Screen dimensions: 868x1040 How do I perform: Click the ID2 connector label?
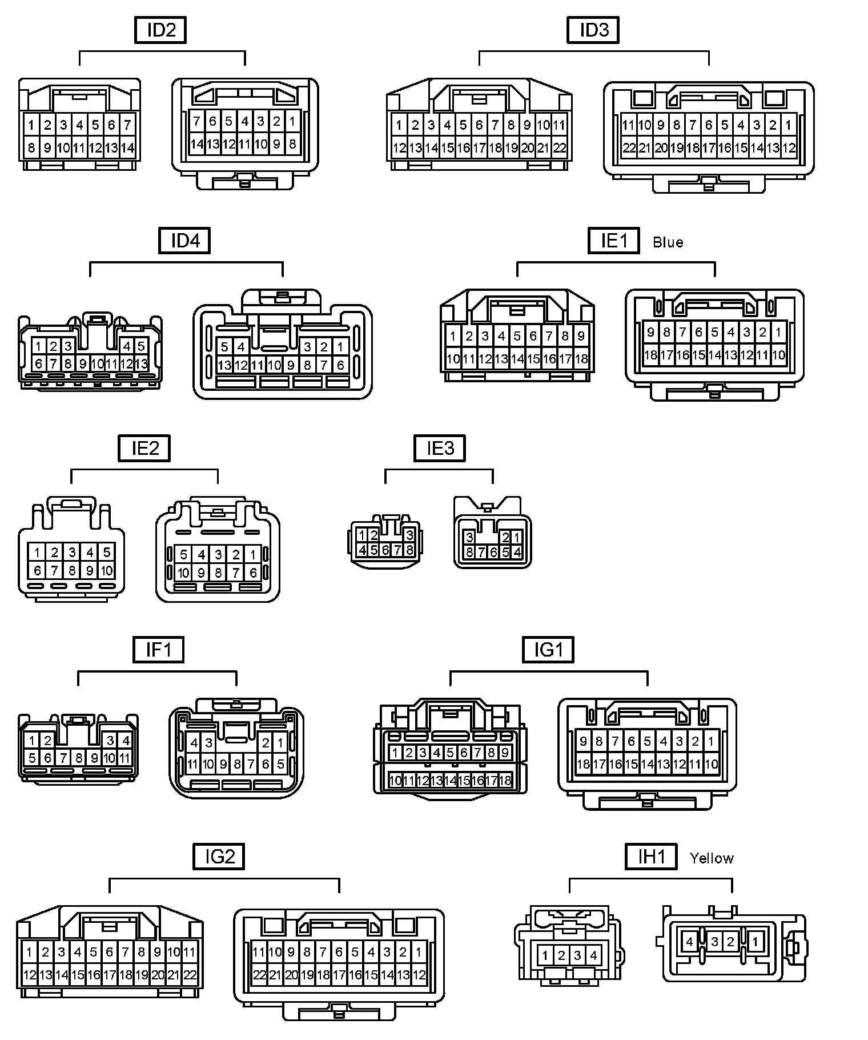pos(160,30)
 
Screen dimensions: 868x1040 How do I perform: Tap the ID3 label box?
pos(593,30)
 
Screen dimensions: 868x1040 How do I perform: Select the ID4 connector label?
pos(184,241)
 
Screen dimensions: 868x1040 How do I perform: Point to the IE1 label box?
pos(614,241)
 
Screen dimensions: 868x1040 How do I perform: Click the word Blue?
pos(668,242)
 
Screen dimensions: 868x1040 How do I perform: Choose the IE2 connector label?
pos(144,448)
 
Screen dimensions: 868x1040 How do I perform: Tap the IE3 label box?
pos(439,448)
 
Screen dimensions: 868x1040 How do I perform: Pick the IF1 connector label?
pos(158,650)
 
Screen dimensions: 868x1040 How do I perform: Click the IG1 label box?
pos(548,650)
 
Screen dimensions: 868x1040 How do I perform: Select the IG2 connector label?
pos(219,857)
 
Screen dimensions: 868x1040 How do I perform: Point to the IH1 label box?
pos(650,857)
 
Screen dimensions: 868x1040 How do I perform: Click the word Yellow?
pos(711,858)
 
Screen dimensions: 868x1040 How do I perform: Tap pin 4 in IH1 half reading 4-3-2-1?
pos(689,942)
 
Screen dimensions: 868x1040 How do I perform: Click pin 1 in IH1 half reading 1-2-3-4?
pos(545,955)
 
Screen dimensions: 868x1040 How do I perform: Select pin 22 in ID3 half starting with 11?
pos(629,148)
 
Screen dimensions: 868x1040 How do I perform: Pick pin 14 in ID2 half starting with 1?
pos(127,148)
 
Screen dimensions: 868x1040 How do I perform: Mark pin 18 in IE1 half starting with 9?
pos(650,355)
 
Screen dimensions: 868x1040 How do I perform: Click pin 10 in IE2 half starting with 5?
pos(183,573)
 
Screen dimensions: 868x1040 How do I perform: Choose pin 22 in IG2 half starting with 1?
pos(190,975)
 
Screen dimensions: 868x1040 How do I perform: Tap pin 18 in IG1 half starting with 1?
pos(505,781)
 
